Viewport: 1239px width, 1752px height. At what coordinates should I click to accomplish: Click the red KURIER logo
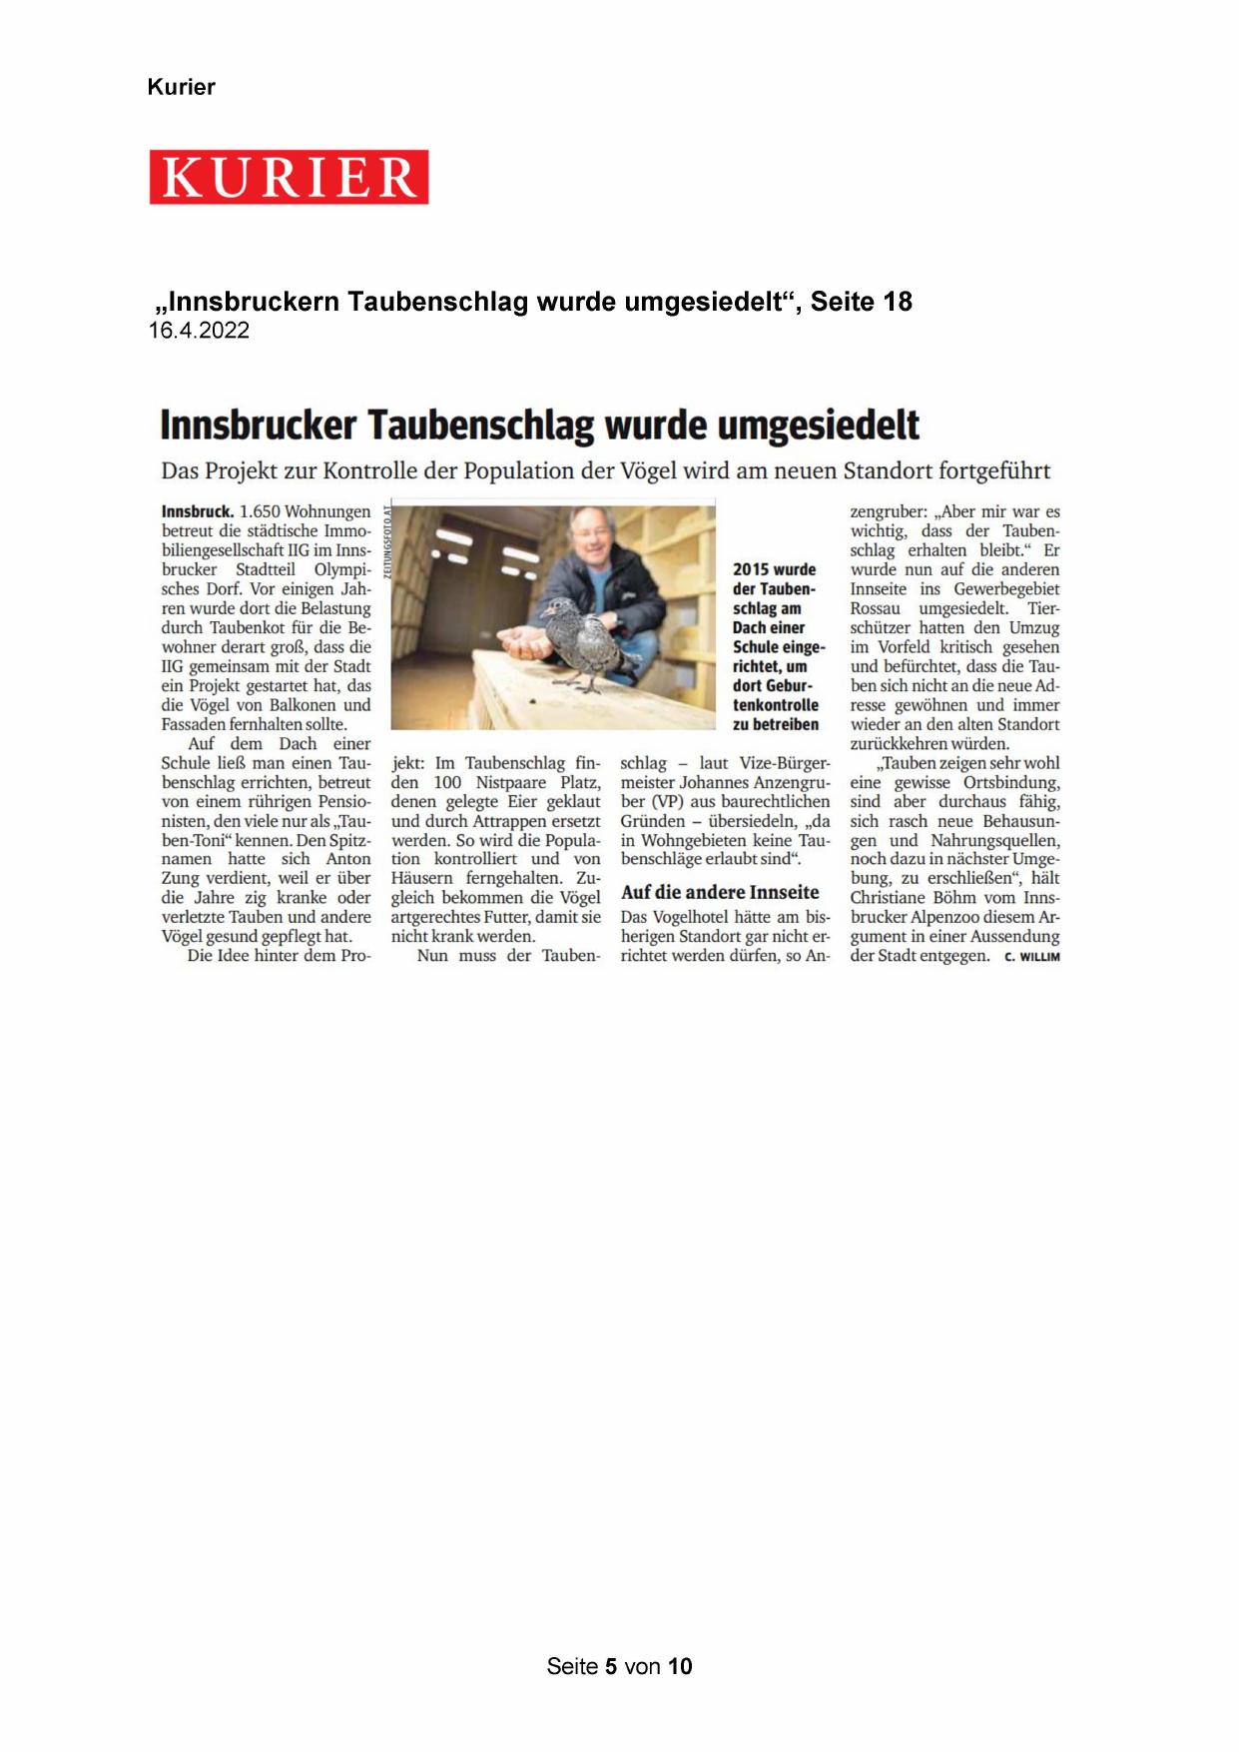coord(289,177)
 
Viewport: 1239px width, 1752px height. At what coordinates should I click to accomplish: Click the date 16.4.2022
coord(199,331)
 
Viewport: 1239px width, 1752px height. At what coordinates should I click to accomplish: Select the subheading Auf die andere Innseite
coord(720,892)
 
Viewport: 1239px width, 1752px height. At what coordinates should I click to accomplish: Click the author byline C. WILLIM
coord(1031,957)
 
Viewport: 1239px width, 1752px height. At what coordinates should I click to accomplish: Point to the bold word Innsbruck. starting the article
coord(197,511)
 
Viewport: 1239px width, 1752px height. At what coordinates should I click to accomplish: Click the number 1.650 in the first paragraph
coord(260,511)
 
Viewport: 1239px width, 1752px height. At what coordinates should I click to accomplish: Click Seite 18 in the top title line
coord(861,302)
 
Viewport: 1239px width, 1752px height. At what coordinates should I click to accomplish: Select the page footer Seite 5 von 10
coord(619,1666)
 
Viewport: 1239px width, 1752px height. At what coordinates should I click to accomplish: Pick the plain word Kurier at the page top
coord(181,87)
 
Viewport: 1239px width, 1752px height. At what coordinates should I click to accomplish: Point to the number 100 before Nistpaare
coord(447,782)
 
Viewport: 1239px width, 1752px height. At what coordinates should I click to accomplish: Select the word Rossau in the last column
coord(876,608)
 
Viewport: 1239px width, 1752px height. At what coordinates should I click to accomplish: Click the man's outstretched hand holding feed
coord(527,643)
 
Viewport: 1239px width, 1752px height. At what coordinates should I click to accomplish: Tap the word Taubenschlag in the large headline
coord(481,425)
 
